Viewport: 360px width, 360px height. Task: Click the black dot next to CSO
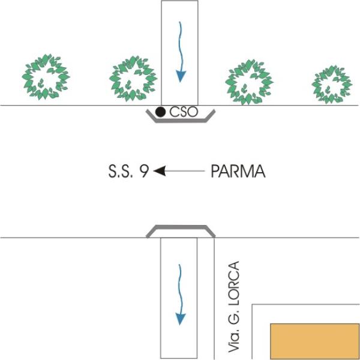[x=160, y=112]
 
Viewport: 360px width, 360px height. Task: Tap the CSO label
[x=184, y=112]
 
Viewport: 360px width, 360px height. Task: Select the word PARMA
[x=238, y=171]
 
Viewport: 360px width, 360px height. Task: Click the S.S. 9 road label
[x=128, y=171]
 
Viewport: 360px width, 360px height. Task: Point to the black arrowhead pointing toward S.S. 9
[x=160, y=171]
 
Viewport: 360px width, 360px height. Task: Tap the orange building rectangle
[x=315, y=341]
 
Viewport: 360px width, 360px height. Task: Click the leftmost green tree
[x=46, y=77]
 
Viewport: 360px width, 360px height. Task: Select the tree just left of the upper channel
[x=133, y=79]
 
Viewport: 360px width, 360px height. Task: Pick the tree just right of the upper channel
[x=249, y=82]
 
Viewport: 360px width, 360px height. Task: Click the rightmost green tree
[x=332, y=85]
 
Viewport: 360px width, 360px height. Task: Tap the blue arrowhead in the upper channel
[x=181, y=76]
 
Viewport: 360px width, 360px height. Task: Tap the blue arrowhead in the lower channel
[x=181, y=319]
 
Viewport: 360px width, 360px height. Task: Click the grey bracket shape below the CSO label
[x=181, y=121]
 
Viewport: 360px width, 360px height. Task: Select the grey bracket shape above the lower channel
[x=181, y=227]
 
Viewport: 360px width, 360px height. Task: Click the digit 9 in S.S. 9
[x=144, y=172]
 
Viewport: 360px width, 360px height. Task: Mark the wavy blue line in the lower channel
[x=181, y=295]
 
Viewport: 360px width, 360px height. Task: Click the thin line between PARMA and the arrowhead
[x=185, y=171]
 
